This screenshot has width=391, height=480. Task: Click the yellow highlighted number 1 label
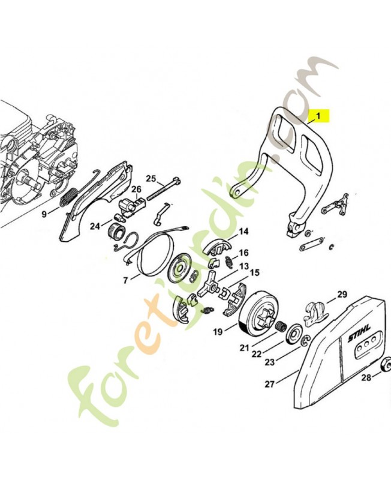[x=319, y=114]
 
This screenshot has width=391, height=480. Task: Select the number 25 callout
[x=151, y=178]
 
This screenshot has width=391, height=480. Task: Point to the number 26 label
[x=137, y=190]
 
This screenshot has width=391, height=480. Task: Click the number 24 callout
[x=95, y=226]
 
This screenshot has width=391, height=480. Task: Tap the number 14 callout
[x=243, y=232]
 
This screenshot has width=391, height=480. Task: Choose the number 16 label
[x=244, y=253]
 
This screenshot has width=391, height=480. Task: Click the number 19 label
[x=217, y=331]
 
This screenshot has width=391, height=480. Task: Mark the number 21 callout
[x=244, y=347]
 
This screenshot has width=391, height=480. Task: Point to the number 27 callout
[x=270, y=383]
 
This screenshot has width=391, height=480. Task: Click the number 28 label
[x=365, y=377]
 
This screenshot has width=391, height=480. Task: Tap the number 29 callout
[x=342, y=294]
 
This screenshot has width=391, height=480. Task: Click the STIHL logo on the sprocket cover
[x=360, y=337]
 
